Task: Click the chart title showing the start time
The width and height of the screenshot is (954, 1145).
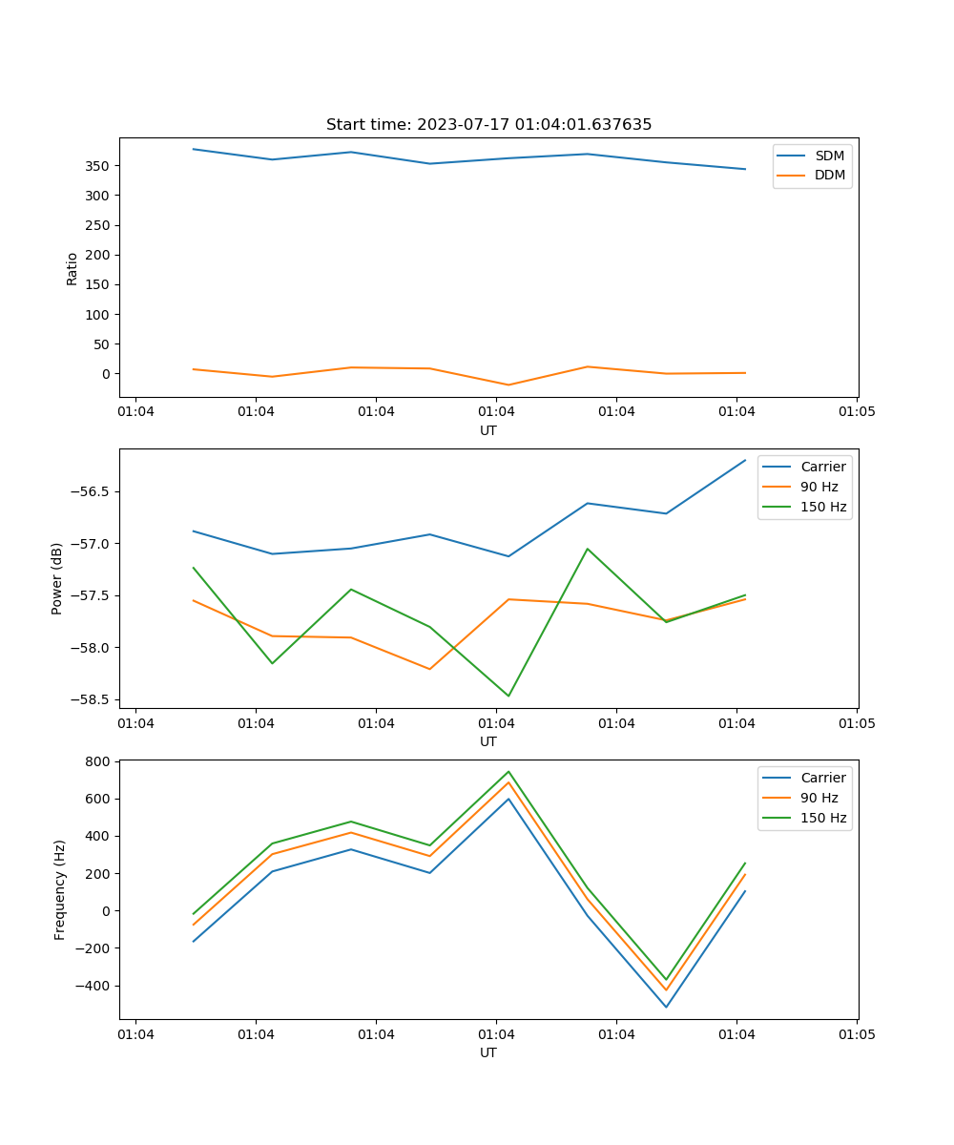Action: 488,125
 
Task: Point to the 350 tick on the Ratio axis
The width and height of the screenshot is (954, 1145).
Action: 97,166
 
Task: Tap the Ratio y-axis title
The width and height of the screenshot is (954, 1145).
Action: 73,267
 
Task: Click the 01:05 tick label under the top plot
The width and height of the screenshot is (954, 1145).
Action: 857,412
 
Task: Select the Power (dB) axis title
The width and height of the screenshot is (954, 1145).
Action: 57,578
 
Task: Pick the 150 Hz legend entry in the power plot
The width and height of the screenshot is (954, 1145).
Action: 823,507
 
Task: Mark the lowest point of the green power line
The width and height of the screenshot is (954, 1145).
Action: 508,696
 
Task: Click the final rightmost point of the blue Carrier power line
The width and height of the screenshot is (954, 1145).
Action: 745,460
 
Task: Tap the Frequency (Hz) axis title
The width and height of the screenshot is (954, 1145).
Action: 60,889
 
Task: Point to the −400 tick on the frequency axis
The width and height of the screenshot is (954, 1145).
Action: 93,986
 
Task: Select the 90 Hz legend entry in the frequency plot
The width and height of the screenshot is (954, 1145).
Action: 819,798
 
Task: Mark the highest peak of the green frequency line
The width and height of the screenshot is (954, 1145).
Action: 508,772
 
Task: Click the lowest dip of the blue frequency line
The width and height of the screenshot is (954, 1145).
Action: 666,1007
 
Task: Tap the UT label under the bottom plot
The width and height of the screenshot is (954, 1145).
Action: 488,1052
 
